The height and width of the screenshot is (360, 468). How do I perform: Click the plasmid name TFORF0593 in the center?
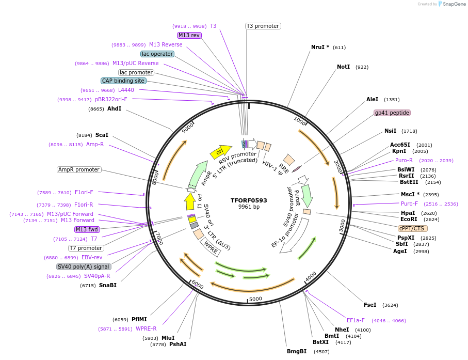click(x=249, y=200)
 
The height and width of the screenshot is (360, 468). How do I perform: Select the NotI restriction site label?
click(x=344, y=67)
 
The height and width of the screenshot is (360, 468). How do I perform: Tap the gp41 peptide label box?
click(x=392, y=113)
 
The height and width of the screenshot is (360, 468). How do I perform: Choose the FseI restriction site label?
click(x=370, y=305)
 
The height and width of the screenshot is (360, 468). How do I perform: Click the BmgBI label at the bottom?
click(x=297, y=352)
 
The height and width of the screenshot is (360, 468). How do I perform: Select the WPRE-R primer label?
click(x=146, y=328)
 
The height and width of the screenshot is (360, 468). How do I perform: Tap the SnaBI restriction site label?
click(x=108, y=285)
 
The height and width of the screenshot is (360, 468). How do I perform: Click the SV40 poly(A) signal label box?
click(x=84, y=267)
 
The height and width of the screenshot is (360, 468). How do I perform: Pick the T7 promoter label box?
click(x=86, y=248)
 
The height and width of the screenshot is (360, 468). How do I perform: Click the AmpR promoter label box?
click(x=79, y=169)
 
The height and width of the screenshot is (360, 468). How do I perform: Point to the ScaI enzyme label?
click(x=102, y=135)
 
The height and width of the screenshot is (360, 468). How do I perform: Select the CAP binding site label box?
click(x=123, y=81)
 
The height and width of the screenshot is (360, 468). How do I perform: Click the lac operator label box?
click(x=157, y=54)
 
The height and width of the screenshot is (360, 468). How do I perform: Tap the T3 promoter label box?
click(x=263, y=26)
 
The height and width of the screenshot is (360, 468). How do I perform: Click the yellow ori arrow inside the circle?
click(x=220, y=151)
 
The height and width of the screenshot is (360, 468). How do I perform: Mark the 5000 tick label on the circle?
click(x=256, y=299)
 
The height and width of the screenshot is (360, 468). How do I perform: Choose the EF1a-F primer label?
click(x=356, y=320)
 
